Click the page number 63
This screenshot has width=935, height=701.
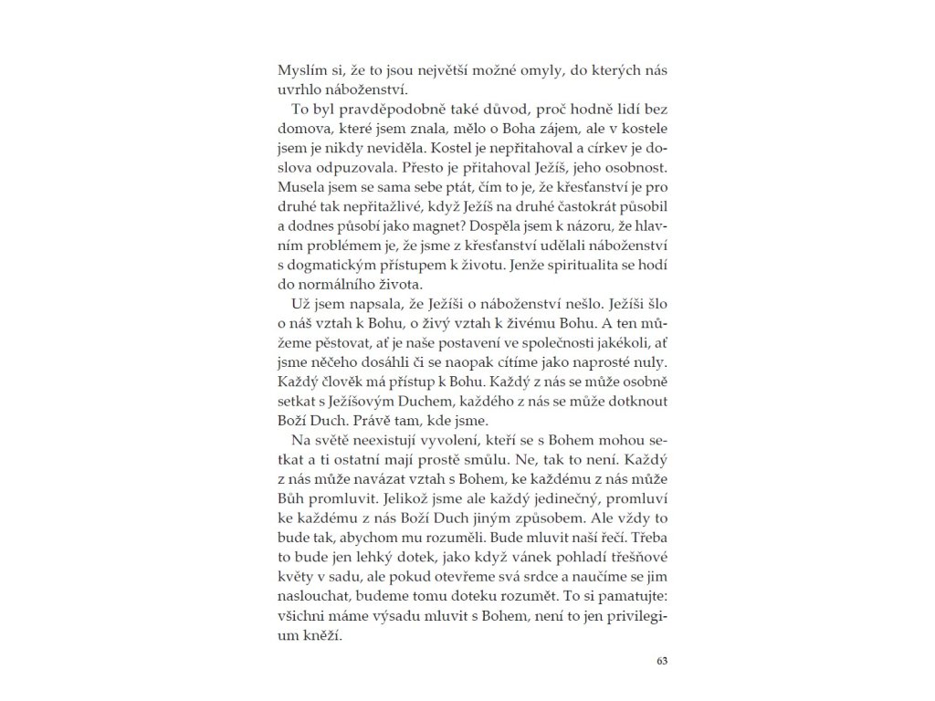664,661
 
